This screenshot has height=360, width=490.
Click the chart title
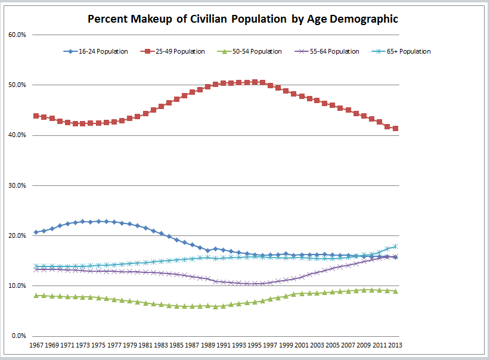click(243, 19)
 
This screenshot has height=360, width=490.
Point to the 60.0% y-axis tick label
click(17, 35)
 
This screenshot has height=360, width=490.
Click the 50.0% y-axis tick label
click(17, 85)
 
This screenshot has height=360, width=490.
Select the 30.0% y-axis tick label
click(17, 185)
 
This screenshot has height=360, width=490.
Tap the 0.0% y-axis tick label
click(19, 336)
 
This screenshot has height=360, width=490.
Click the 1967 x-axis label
click(36, 346)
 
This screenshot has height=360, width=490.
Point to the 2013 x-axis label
click(395, 346)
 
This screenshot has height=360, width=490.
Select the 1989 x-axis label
click(208, 346)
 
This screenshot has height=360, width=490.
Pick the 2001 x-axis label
click(302, 346)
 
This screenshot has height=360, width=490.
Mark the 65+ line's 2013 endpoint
click(395, 246)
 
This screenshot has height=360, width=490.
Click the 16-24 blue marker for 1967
click(36, 232)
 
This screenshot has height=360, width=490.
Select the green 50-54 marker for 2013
click(395, 291)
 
